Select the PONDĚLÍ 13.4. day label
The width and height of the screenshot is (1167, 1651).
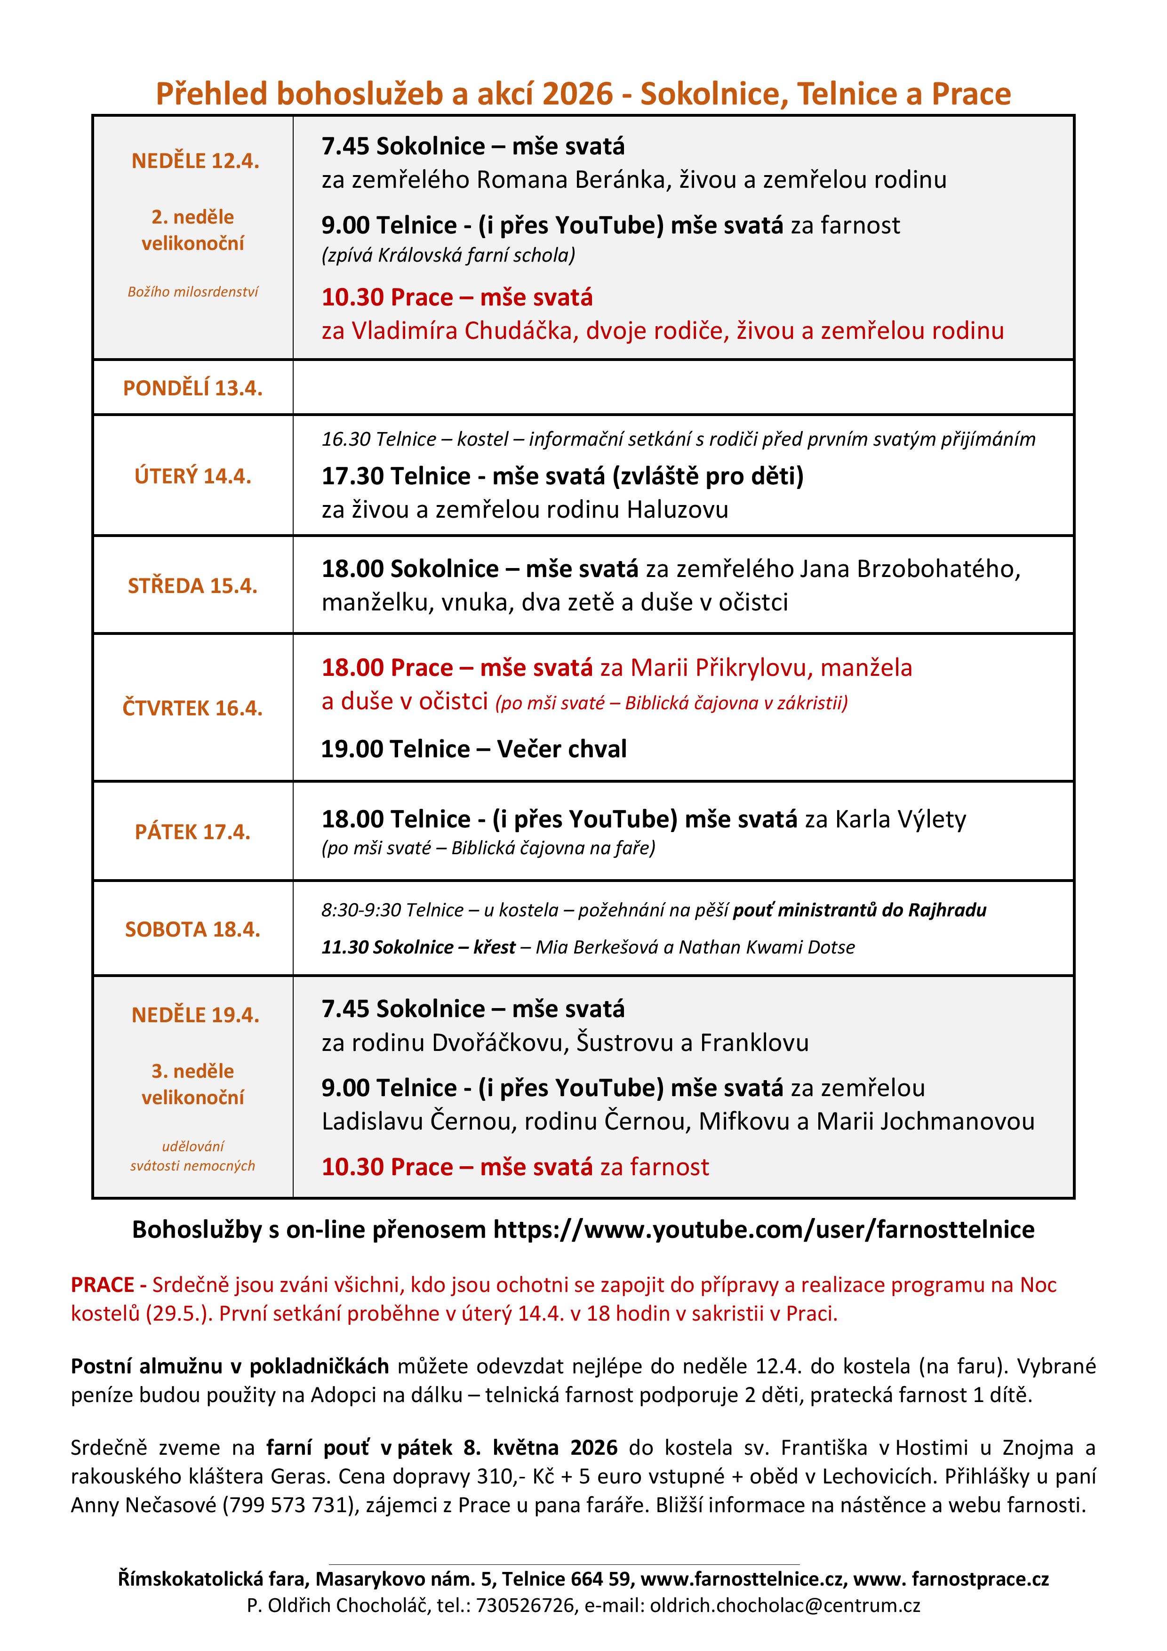coord(193,388)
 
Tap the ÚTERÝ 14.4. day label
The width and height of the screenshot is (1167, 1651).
coord(193,476)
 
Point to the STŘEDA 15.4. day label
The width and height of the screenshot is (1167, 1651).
coord(193,586)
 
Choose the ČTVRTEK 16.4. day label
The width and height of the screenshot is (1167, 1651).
coord(193,708)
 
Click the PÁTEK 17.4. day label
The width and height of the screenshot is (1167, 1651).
coord(193,832)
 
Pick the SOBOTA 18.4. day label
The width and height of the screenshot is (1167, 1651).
coord(193,930)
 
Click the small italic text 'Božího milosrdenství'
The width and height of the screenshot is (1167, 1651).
coord(193,292)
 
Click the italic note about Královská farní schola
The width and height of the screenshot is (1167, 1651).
coord(448,255)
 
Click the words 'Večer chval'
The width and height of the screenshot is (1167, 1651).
coord(561,749)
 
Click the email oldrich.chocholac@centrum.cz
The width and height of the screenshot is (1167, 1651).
coord(785,1605)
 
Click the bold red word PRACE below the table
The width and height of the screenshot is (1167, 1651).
coord(103,1285)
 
